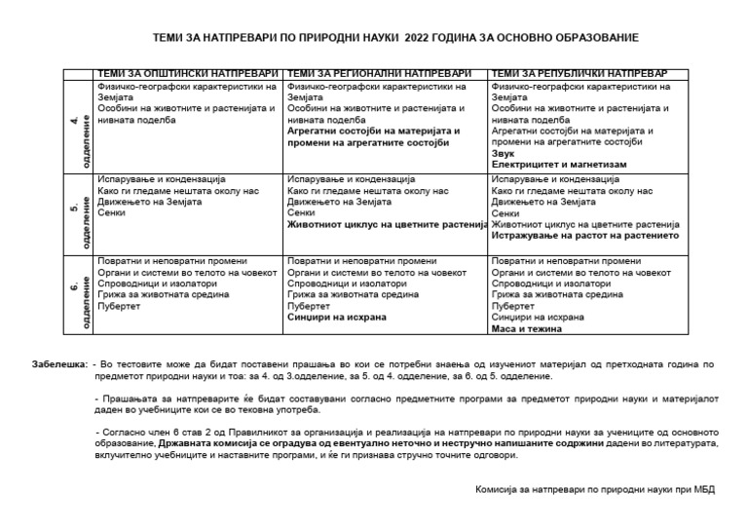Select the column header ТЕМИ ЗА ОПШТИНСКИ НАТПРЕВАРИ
186,74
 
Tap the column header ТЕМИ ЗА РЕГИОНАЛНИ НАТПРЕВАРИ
381,74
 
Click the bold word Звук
504,153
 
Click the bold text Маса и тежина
527,328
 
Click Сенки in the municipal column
109,212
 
